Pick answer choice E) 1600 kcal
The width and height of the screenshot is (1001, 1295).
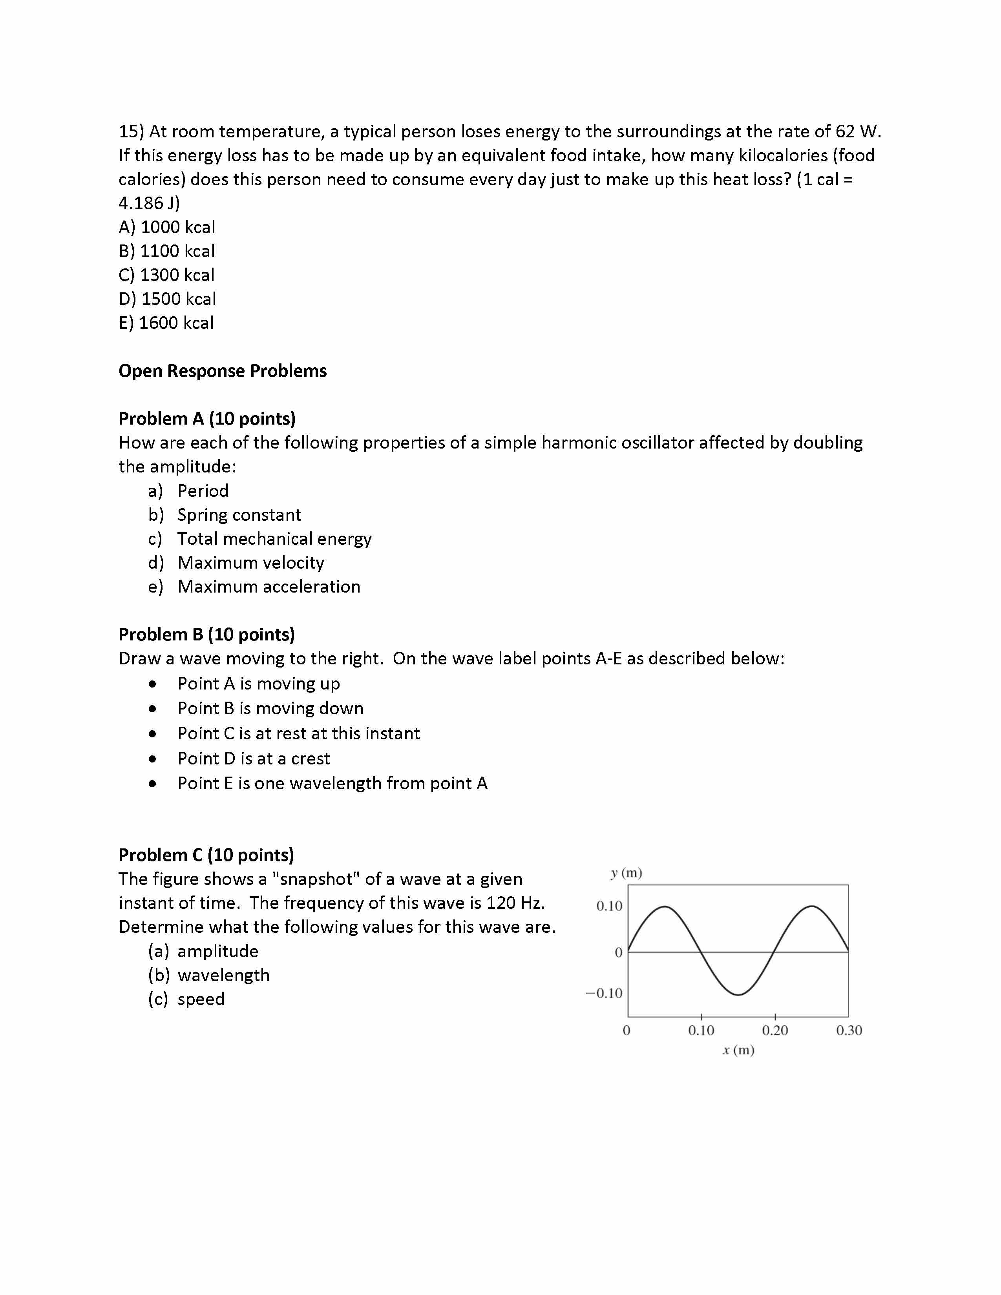point(166,323)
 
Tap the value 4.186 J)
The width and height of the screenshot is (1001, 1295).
point(149,203)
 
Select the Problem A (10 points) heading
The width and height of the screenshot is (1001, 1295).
point(207,419)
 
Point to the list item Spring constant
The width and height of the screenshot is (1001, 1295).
point(239,515)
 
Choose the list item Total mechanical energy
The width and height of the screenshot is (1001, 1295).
point(274,538)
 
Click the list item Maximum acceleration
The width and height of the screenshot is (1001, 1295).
point(269,586)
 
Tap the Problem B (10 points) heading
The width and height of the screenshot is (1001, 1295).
point(206,635)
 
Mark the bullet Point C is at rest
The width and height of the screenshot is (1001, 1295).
point(298,733)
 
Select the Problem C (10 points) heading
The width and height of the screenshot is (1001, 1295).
point(206,855)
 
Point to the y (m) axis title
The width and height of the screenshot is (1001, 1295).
point(626,873)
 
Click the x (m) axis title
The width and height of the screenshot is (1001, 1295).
point(738,1050)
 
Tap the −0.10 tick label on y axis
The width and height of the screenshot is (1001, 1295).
point(604,993)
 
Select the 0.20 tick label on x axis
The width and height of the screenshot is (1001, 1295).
point(774,1031)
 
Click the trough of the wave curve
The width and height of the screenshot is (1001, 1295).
point(738,994)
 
